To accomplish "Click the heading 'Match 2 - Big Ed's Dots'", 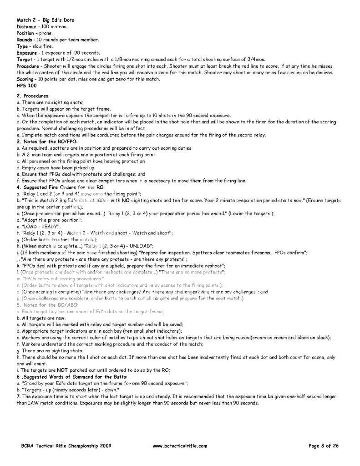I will [x=45, y=20].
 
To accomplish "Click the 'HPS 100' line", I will [x=26, y=86].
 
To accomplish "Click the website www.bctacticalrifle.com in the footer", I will [x=180, y=446].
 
